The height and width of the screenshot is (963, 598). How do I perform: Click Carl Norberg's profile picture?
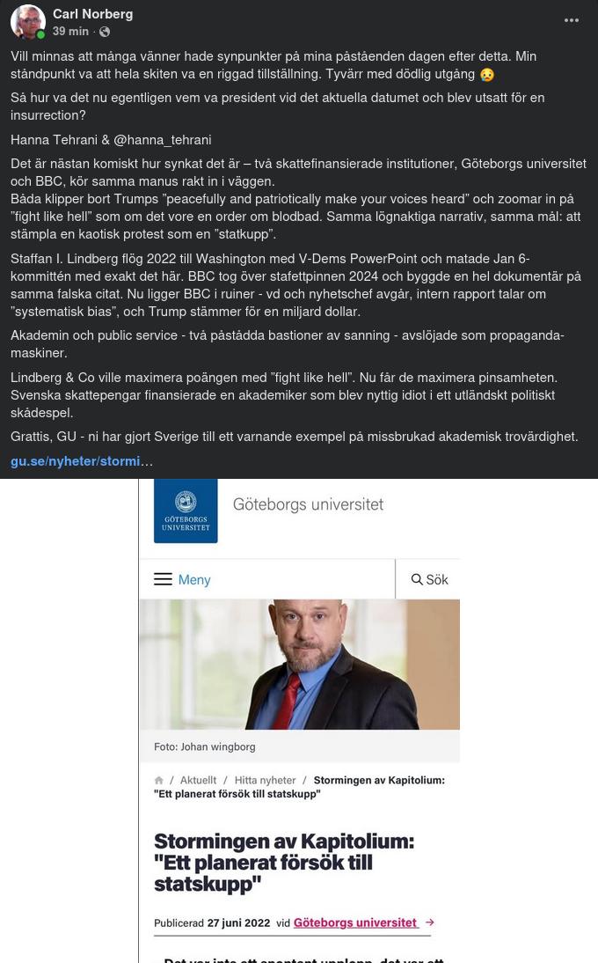(28, 22)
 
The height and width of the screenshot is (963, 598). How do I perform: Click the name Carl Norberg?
(91, 14)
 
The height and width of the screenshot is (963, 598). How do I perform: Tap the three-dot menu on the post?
(572, 20)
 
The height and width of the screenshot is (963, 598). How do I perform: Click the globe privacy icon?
(105, 32)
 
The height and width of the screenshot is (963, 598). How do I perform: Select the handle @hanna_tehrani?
(163, 140)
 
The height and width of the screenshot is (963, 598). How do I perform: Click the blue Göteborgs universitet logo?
(186, 511)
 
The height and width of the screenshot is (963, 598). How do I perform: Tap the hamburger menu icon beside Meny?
(163, 579)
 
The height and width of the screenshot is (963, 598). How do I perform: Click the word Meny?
(194, 580)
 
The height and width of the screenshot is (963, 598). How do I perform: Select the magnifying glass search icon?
(417, 579)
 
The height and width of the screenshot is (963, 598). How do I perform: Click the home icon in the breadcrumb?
(159, 780)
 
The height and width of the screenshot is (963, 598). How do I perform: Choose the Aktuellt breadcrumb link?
(198, 781)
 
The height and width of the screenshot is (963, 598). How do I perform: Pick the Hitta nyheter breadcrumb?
(265, 781)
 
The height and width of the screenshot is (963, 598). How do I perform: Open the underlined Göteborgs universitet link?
(355, 923)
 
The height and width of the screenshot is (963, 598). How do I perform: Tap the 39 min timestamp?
(70, 32)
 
